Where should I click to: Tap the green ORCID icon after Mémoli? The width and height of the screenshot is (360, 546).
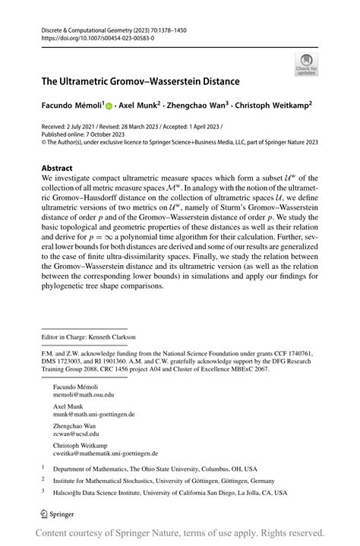tap(109, 106)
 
